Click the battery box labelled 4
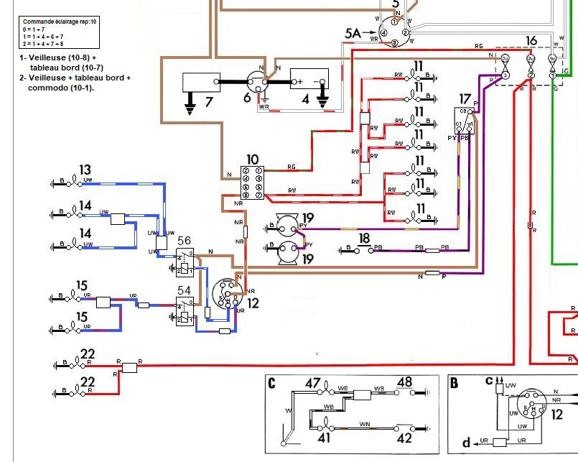(x=309, y=80)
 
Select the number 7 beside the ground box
(x=209, y=101)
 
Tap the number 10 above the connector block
(x=252, y=160)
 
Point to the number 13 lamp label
(x=85, y=170)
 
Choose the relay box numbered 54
(x=185, y=310)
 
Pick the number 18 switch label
(x=364, y=239)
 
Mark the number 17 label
(x=465, y=98)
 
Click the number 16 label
(x=531, y=41)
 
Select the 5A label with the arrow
(x=353, y=32)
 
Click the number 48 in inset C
(x=405, y=382)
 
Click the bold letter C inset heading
(x=272, y=382)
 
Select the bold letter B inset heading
(x=455, y=383)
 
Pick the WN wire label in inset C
(x=364, y=424)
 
